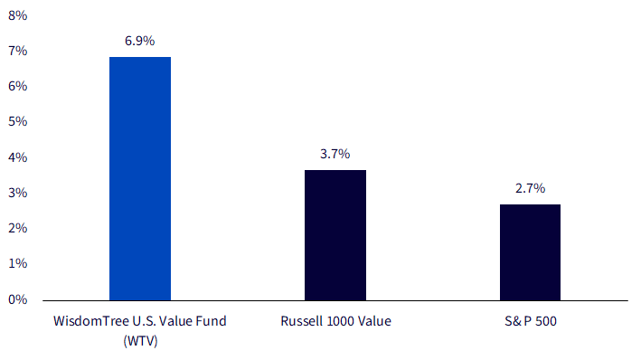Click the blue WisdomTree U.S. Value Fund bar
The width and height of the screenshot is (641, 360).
click(x=140, y=179)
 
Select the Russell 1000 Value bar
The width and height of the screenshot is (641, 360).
click(x=335, y=235)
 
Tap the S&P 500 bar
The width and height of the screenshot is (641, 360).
click(x=530, y=252)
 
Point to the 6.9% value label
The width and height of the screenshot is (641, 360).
click(x=140, y=41)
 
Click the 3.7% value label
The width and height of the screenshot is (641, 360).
click(x=335, y=154)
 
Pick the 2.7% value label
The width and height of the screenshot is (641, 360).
click(x=530, y=188)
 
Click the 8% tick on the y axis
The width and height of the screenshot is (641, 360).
click(x=17, y=15)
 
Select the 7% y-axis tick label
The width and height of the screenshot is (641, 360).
click(x=17, y=51)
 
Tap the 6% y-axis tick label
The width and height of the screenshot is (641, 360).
click(x=17, y=86)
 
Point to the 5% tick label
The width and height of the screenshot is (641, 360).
click(x=17, y=121)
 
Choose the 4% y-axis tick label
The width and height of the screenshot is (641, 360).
click(x=17, y=157)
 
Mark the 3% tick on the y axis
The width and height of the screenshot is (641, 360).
click(x=17, y=193)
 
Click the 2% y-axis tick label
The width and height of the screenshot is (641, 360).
click(x=17, y=228)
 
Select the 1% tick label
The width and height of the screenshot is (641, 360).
click(x=17, y=263)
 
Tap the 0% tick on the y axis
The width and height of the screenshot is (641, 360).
click(x=17, y=299)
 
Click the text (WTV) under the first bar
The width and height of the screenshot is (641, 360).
click(x=140, y=341)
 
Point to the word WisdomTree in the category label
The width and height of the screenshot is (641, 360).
click(x=91, y=321)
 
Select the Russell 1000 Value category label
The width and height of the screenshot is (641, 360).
click(x=335, y=321)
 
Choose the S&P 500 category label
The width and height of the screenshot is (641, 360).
click(x=530, y=321)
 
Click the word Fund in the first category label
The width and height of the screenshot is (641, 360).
click(x=210, y=321)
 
